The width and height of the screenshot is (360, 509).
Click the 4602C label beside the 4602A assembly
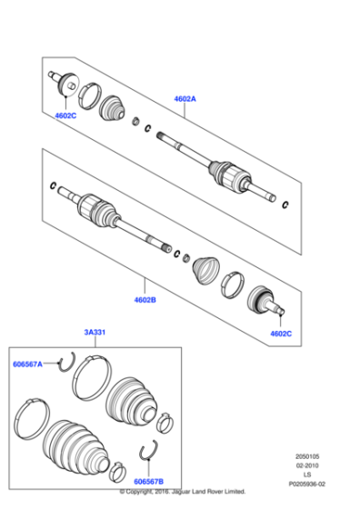[65, 116]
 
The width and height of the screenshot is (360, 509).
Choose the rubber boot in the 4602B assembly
[205, 268]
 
